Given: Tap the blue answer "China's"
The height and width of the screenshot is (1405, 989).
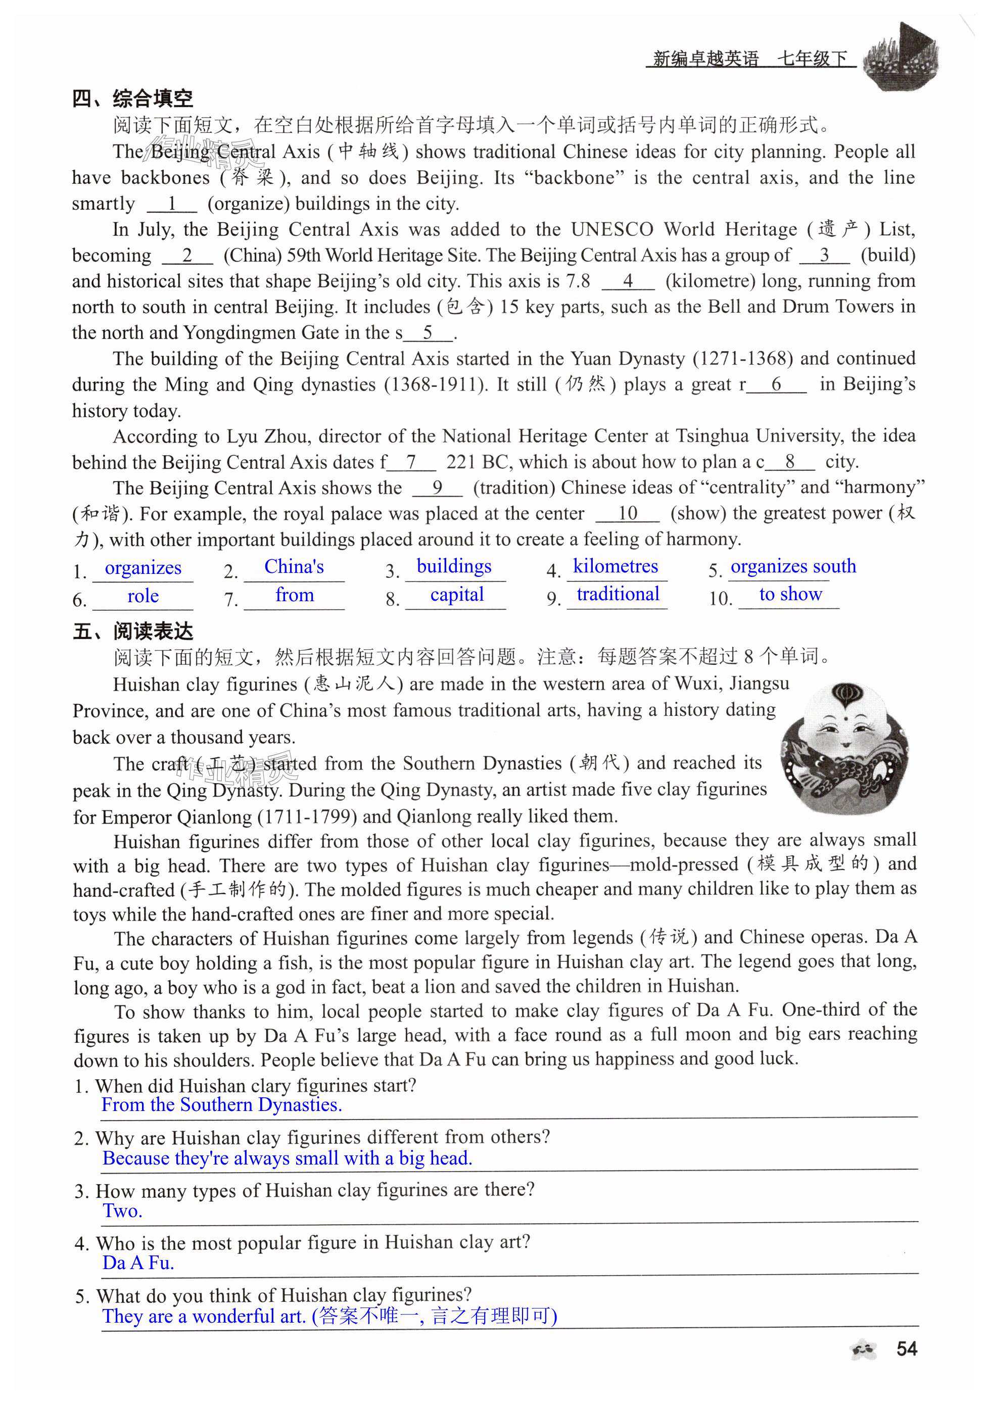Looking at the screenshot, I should [294, 567].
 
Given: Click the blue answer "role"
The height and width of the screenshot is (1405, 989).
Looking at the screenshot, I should [143, 596].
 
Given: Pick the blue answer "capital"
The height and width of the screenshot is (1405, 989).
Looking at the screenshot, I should [456, 594].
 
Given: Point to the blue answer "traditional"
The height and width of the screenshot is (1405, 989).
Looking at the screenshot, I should [618, 594].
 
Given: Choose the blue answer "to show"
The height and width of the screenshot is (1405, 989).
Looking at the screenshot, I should [790, 594].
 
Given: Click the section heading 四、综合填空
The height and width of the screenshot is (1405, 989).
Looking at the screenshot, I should [132, 98].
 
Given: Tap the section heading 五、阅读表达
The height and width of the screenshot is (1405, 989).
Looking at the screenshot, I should [133, 631].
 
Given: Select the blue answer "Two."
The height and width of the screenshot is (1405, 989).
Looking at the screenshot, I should [122, 1210].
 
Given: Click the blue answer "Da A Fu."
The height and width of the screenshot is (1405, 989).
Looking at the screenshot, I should [138, 1263].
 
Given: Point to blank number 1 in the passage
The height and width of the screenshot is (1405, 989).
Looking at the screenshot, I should [172, 204].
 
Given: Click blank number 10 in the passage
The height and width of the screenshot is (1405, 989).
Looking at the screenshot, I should [627, 513].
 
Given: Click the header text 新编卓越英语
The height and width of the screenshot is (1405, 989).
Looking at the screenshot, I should [705, 59].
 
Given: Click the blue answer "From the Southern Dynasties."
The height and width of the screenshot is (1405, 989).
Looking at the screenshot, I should [221, 1104].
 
